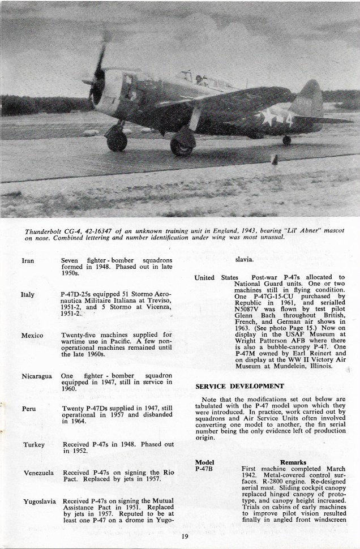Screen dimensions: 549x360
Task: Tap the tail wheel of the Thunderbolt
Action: tap(287, 140)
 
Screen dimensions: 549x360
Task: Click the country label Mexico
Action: tap(32, 336)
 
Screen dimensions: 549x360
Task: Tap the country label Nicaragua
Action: tap(37, 376)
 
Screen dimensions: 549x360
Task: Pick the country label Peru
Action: tap(29, 408)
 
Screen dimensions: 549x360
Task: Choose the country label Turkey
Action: tap(33, 444)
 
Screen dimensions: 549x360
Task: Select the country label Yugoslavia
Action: tap(39, 501)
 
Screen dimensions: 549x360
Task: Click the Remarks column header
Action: tap(295, 462)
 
